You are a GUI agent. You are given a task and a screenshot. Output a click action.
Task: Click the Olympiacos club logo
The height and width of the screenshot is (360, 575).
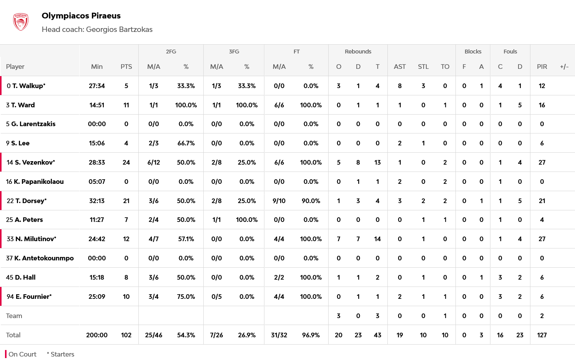coord(21,22)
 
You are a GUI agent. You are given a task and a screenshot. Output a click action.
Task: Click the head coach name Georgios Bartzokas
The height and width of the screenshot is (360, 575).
coord(119,30)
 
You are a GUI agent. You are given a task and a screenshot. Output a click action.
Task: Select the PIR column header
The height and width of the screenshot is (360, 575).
coord(542,67)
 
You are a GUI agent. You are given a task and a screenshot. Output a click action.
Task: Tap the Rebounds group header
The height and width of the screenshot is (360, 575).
coord(358,52)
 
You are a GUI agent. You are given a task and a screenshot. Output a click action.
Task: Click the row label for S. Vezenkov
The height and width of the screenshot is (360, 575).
coord(31,162)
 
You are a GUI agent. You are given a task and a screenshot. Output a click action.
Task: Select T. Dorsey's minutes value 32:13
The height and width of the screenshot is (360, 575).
coord(97,201)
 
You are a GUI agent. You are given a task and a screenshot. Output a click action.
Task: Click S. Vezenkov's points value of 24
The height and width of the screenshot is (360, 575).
coord(126,162)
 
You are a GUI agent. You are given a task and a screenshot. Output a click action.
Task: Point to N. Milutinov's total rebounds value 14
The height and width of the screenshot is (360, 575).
coord(377,239)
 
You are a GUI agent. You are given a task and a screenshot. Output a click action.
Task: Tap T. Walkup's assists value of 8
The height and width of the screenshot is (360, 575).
coord(400,86)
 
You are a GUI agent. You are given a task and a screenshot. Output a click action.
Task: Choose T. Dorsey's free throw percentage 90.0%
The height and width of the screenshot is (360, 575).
coord(311,201)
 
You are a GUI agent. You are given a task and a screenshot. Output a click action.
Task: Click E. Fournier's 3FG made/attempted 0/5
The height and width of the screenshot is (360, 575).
coord(217,297)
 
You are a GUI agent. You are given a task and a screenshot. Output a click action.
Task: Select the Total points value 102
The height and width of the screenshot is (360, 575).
coord(126,335)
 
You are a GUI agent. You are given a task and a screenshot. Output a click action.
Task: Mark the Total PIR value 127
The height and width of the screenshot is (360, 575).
coord(542,335)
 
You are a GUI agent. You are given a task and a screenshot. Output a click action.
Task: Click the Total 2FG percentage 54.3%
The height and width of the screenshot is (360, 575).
coord(186,335)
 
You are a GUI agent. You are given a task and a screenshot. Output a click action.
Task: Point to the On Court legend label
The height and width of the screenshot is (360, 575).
coord(22,354)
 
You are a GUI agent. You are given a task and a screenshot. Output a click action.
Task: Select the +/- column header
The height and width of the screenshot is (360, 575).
coord(564,67)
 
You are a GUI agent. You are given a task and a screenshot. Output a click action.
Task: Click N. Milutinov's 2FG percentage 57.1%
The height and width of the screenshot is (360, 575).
coord(186,239)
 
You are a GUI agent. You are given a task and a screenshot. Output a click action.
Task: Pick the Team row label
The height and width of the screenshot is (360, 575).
coord(14,316)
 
